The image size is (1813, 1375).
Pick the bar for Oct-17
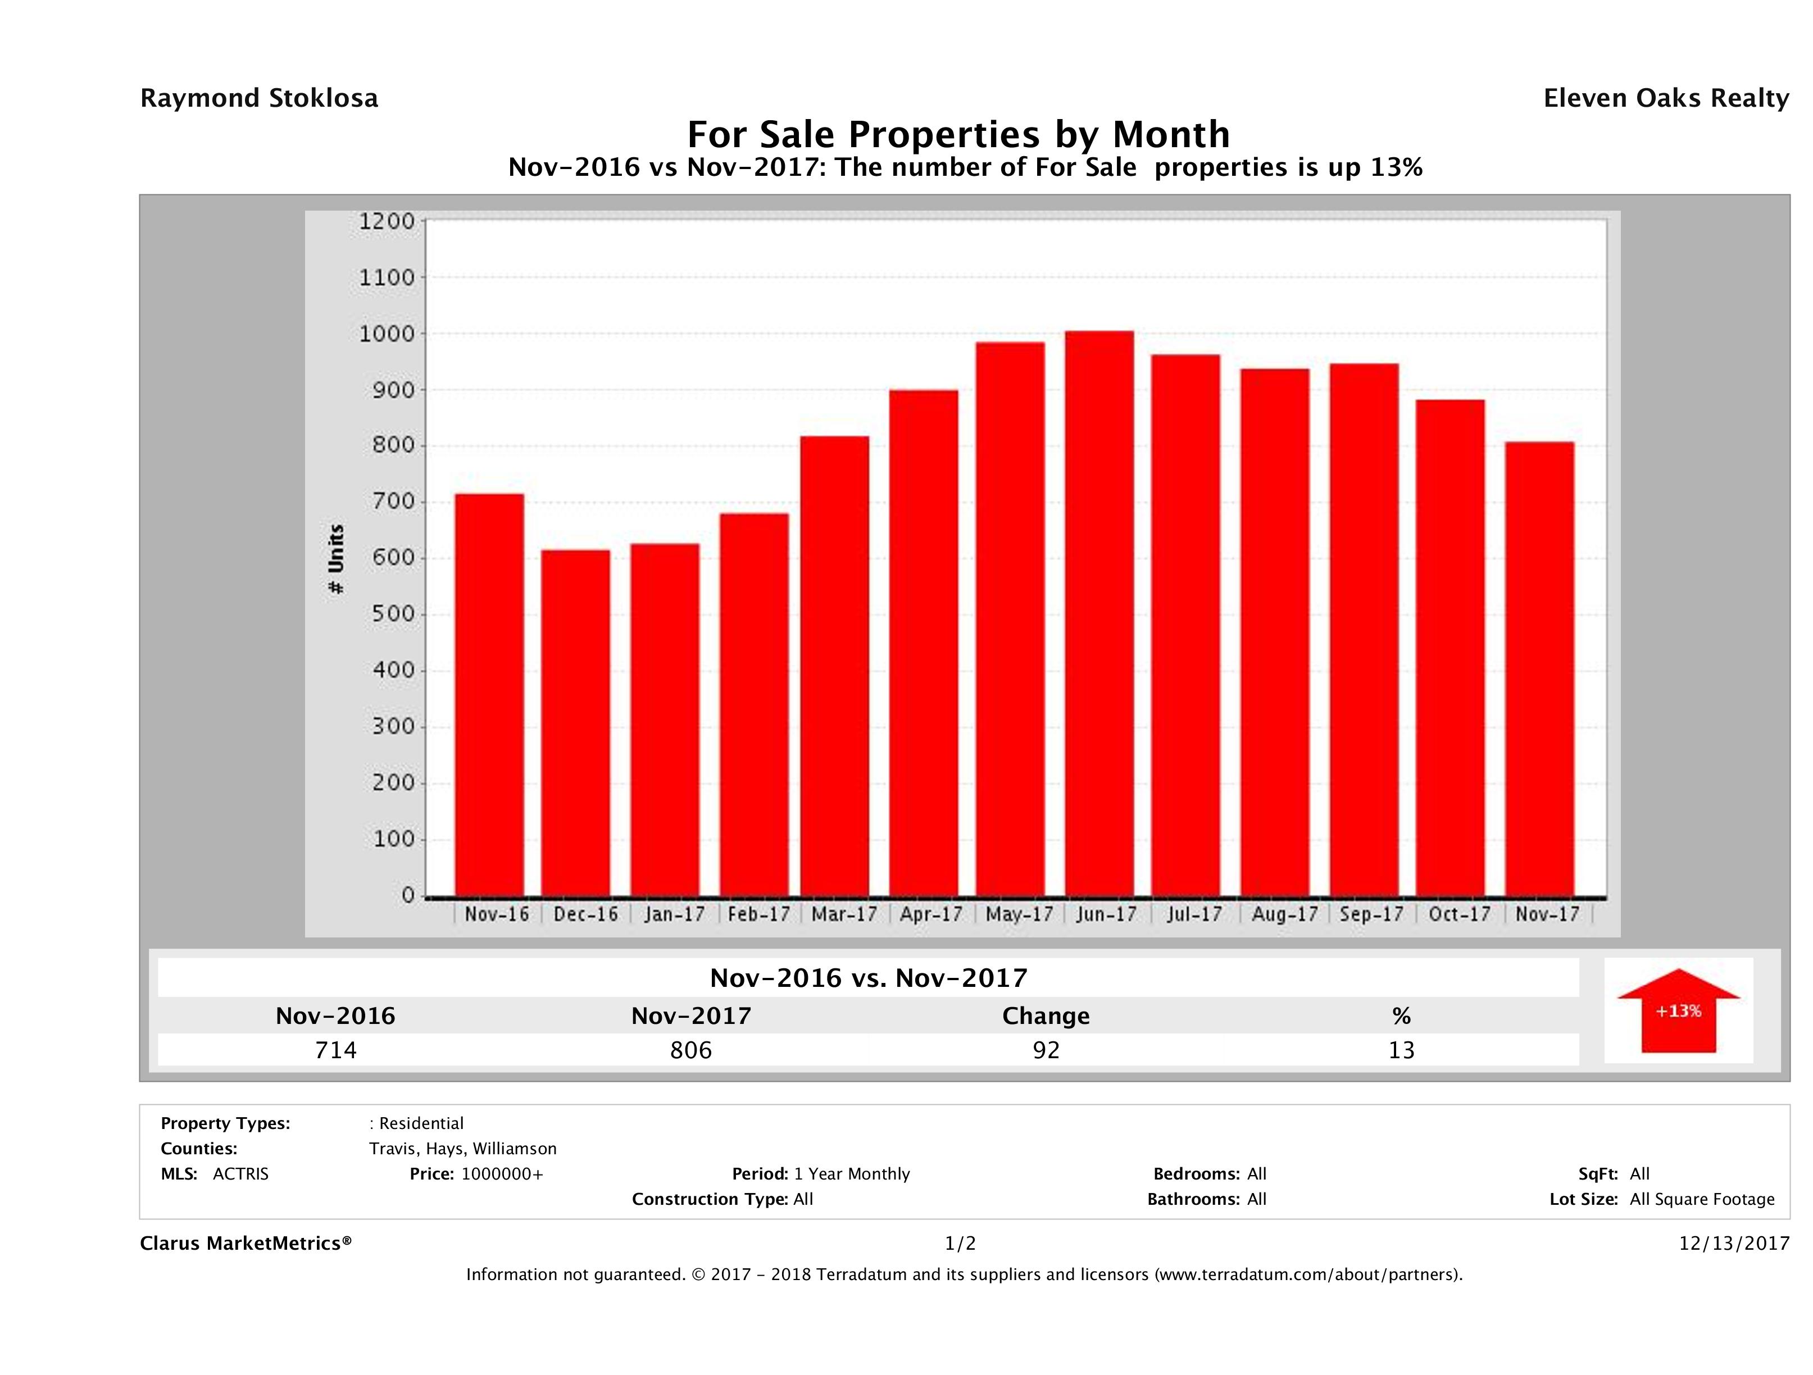click(x=1450, y=648)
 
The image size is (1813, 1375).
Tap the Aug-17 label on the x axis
click(x=1284, y=914)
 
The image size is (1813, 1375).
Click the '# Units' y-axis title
click(x=336, y=559)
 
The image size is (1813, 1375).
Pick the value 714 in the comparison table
click(x=336, y=1050)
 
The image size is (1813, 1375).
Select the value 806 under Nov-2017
click(x=691, y=1050)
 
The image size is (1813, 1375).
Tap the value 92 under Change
click(x=1046, y=1050)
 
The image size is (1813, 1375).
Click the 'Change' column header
click(x=1046, y=1016)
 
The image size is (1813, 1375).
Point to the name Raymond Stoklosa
click(x=259, y=98)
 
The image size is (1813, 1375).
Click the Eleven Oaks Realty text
click(x=1665, y=98)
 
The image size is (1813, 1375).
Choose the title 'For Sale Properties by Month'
click(x=958, y=134)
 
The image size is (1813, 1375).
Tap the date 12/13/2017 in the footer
click(x=1733, y=1243)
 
